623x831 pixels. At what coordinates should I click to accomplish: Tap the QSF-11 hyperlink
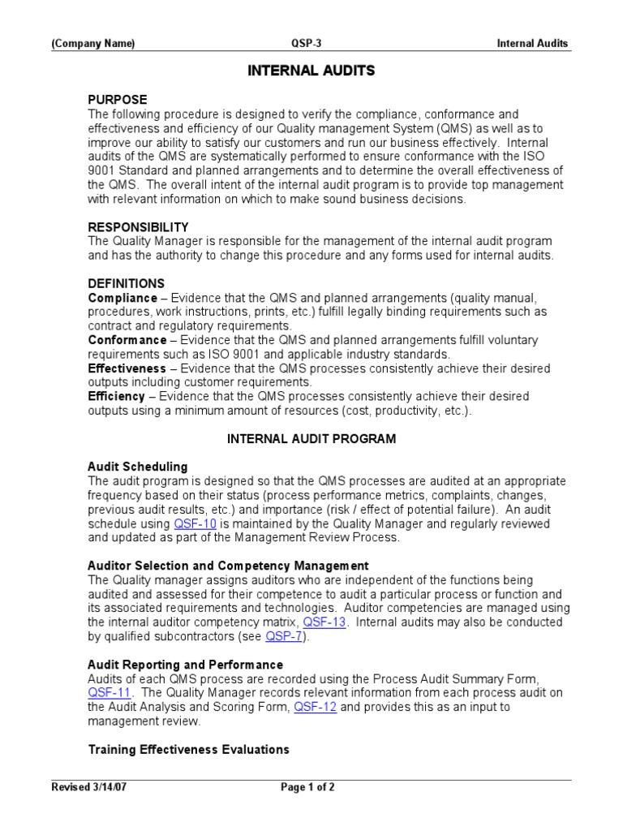(106, 693)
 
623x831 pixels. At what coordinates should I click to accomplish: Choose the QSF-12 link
(314, 707)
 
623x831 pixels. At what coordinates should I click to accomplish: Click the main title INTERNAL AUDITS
(311, 71)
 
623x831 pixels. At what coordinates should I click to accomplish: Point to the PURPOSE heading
(118, 100)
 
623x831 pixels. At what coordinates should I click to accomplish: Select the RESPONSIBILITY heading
(138, 227)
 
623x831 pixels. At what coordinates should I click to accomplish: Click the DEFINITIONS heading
(126, 284)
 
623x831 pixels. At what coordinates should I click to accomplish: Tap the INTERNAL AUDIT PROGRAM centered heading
(311, 439)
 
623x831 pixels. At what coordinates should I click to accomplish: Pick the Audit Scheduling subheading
(137, 467)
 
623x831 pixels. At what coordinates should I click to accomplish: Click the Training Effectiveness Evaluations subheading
(188, 749)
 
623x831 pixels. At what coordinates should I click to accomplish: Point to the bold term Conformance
(127, 340)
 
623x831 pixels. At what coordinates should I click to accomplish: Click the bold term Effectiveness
(127, 368)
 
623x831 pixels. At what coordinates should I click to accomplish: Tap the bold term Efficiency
(116, 397)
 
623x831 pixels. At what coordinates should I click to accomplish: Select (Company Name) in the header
(93, 44)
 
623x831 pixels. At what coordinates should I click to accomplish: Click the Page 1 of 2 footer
(307, 787)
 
